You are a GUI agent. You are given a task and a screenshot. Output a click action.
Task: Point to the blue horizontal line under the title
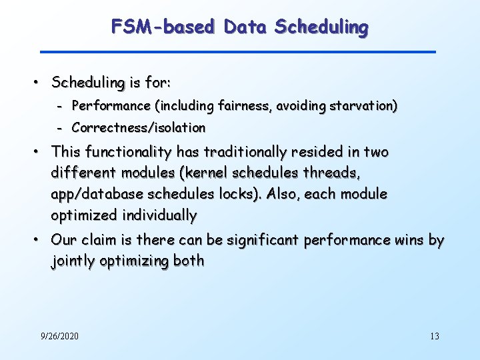pos(237,51)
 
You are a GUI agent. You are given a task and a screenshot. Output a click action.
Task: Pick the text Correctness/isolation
pos(138,127)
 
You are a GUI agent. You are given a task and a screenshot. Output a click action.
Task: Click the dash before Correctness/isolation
pos(59,127)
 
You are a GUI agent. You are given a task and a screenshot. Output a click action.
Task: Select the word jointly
pos(73,261)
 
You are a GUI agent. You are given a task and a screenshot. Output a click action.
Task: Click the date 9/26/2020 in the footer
pos(59,336)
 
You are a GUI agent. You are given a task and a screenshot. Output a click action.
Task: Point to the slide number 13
pos(435,336)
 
